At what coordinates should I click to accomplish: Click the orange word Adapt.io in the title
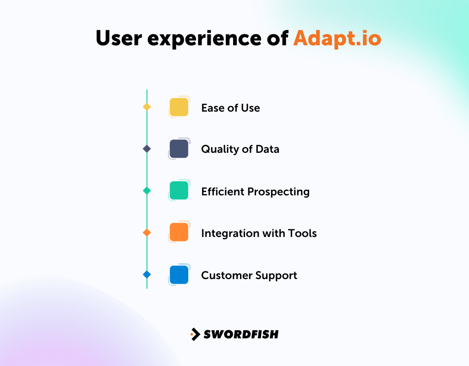pos(337,38)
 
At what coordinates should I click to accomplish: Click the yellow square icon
pos(179,107)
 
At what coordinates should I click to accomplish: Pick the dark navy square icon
pos(179,149)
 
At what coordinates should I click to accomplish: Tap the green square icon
pos(179,190)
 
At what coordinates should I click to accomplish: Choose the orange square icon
pos(179,232)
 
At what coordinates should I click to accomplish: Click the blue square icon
pos(179,274)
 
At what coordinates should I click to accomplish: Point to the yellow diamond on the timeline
pos(147,107)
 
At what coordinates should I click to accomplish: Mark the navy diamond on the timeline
pos(147,149)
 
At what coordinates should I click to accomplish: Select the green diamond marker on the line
pos(147,191)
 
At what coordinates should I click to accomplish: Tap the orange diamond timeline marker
pos(147,232)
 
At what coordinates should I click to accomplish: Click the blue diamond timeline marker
pos(147,274)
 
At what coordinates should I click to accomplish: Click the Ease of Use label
pos(230,108)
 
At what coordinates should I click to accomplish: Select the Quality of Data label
pos(240,149)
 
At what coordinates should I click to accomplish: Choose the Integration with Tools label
pos(259,233)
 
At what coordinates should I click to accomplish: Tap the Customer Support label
pos(249,275)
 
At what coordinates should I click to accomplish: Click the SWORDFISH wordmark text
pos(241,334)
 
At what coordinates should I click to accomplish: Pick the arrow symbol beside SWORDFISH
pos(196,334)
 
